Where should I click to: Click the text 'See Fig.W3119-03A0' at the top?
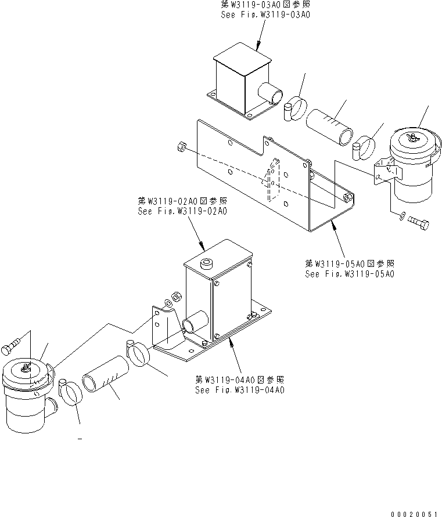pyautogui.click(x=265, y=15)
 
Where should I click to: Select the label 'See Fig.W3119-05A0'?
pyautogui.click(x=350, y=273)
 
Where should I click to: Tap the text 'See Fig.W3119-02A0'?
pyautogui.click(x=182, y=211)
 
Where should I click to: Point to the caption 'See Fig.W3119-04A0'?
pyautogui.click(x=239, y=390)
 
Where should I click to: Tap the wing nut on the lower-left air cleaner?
pyautogui.click(x=26, y=367)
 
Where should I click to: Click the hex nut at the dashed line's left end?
pyautogui.click(x=181, y=149)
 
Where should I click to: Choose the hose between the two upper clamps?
pyautogui.click(x=329, y=126)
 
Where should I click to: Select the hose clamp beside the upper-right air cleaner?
pyautogui.click(x=366, y=148)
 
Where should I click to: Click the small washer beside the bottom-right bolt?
pyautogui.click(x=403, y=218)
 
